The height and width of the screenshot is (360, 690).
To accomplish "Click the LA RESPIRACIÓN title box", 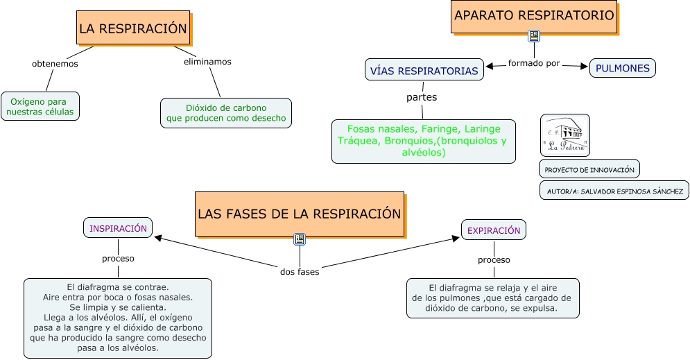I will coord(133,28).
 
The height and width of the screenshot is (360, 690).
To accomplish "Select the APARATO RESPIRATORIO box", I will coord(534,15).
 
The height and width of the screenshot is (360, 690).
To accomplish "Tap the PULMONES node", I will coord(622,68).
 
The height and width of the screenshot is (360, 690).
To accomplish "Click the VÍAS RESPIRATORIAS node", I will coord(424,71).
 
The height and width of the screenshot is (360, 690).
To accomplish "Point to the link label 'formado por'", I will coord(534,63).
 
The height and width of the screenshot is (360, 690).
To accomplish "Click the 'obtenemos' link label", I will coord(55,64).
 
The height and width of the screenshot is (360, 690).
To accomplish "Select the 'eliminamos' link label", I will coord(207,62).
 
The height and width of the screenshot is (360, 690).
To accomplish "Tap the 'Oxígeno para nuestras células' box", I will coord(40,106).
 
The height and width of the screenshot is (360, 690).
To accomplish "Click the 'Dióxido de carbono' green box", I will coord(226,113).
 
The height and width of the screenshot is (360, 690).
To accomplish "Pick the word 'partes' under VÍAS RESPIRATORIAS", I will coord(422,97).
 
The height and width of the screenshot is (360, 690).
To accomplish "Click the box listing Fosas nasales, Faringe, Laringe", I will coord(423,141).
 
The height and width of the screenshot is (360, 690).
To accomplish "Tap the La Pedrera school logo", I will coord(564,135).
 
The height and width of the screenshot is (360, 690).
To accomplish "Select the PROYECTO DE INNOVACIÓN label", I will coord(589,169).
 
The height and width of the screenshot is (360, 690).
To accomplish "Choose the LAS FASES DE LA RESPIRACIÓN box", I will coord(299,214).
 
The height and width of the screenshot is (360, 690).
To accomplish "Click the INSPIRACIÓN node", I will coord(118,228).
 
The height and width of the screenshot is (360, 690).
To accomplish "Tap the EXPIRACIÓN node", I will coord(493,230).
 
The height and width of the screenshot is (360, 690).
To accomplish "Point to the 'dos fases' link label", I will coord(300,272).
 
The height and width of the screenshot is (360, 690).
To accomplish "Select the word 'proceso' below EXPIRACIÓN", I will coord(494,260).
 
